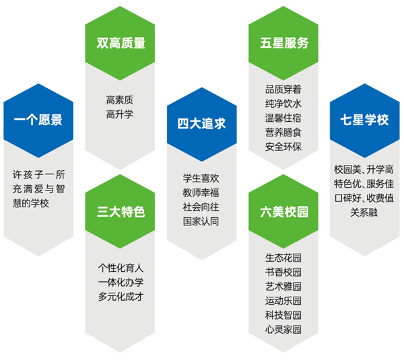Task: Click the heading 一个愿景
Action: click(x=38, y=120)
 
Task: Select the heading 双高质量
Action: click(x=121, y=43)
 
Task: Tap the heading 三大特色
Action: click(x=121, y=212)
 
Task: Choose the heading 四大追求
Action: click(x=201, y=124)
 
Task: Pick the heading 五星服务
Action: click(x=284, y=43)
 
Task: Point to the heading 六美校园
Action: click(x=284, y=212)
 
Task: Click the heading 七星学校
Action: click(x=364, y=120)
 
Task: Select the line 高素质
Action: click(x=120, y=100)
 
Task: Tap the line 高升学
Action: click(x=120, y=114)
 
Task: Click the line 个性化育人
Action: click(x=121, y=268)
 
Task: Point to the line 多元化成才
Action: click(x=121, y=297)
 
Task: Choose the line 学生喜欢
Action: click(x=201, y=178)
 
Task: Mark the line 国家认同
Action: click(x=201, y=221)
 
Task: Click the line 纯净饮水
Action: click(x=283, y=104)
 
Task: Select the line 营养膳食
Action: click(x=283, y=133)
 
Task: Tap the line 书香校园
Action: click(x=283, y=272)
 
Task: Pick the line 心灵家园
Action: click(x=283, y=329)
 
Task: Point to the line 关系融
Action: click(x=364, y=213)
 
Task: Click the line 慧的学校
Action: click(x=31, y=203)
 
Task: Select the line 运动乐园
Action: click(x=283, y=301)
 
